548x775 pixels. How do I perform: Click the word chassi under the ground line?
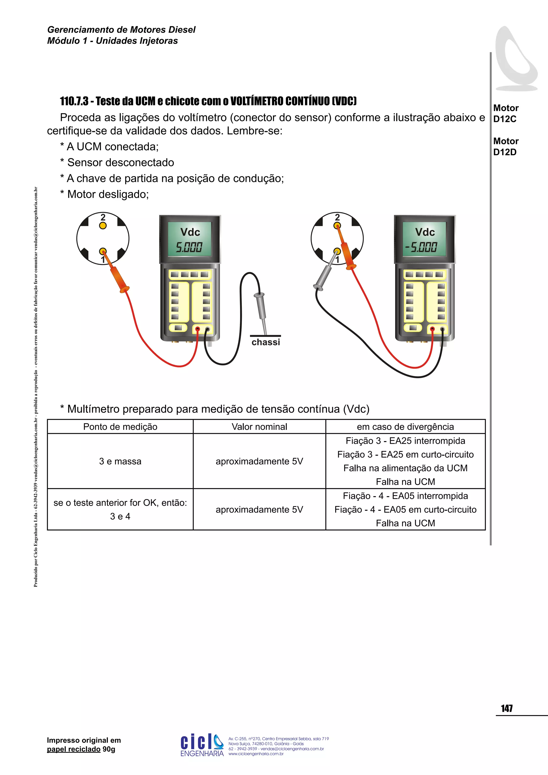tap(265, 342)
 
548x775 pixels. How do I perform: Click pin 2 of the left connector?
tap(103, 226)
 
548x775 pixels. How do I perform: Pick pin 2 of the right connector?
tap(337, 226)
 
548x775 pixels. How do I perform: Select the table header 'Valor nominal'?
tap(259, 427)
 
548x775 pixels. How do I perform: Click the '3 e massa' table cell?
tap(120, 461)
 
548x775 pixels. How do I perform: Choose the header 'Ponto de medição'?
tap(120, 427)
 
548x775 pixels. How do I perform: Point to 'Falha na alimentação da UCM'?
tap(405, 468)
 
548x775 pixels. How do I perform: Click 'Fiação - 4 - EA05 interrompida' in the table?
tap(405, 496)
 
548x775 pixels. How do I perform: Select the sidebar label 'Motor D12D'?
tap(505, 146)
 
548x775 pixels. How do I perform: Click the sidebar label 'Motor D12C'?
tap(505, 113)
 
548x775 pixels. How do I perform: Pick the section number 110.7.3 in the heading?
tap(74, 101)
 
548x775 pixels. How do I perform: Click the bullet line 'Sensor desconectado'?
tap(120, 162)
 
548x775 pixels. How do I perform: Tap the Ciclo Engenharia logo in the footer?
tap(202, 744)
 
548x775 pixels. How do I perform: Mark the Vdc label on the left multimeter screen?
tap(190, 232)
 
